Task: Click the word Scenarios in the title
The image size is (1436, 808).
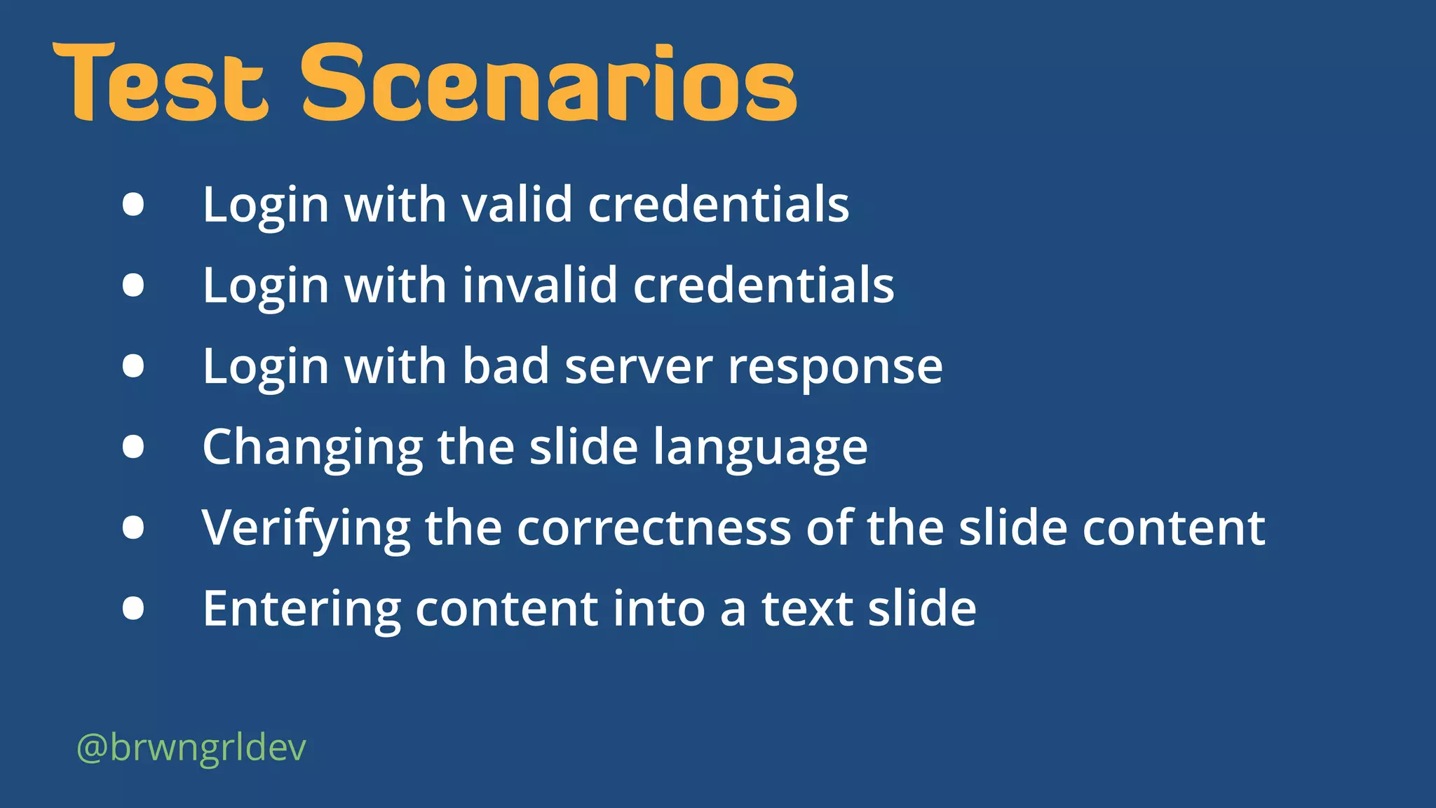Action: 549,83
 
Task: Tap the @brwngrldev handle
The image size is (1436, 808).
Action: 191,748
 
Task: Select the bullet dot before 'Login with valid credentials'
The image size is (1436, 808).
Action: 133,204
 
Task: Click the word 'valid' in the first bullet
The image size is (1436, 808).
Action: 517,205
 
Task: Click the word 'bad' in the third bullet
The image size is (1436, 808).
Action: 505,366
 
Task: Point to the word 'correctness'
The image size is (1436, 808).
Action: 653,528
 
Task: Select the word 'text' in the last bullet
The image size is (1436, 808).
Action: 807,608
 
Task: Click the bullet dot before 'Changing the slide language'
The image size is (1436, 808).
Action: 133,447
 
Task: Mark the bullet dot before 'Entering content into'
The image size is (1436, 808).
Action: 133,608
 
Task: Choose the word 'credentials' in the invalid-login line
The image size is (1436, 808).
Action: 764,285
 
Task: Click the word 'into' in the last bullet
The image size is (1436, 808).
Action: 658,608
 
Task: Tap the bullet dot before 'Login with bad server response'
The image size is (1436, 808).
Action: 133,366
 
